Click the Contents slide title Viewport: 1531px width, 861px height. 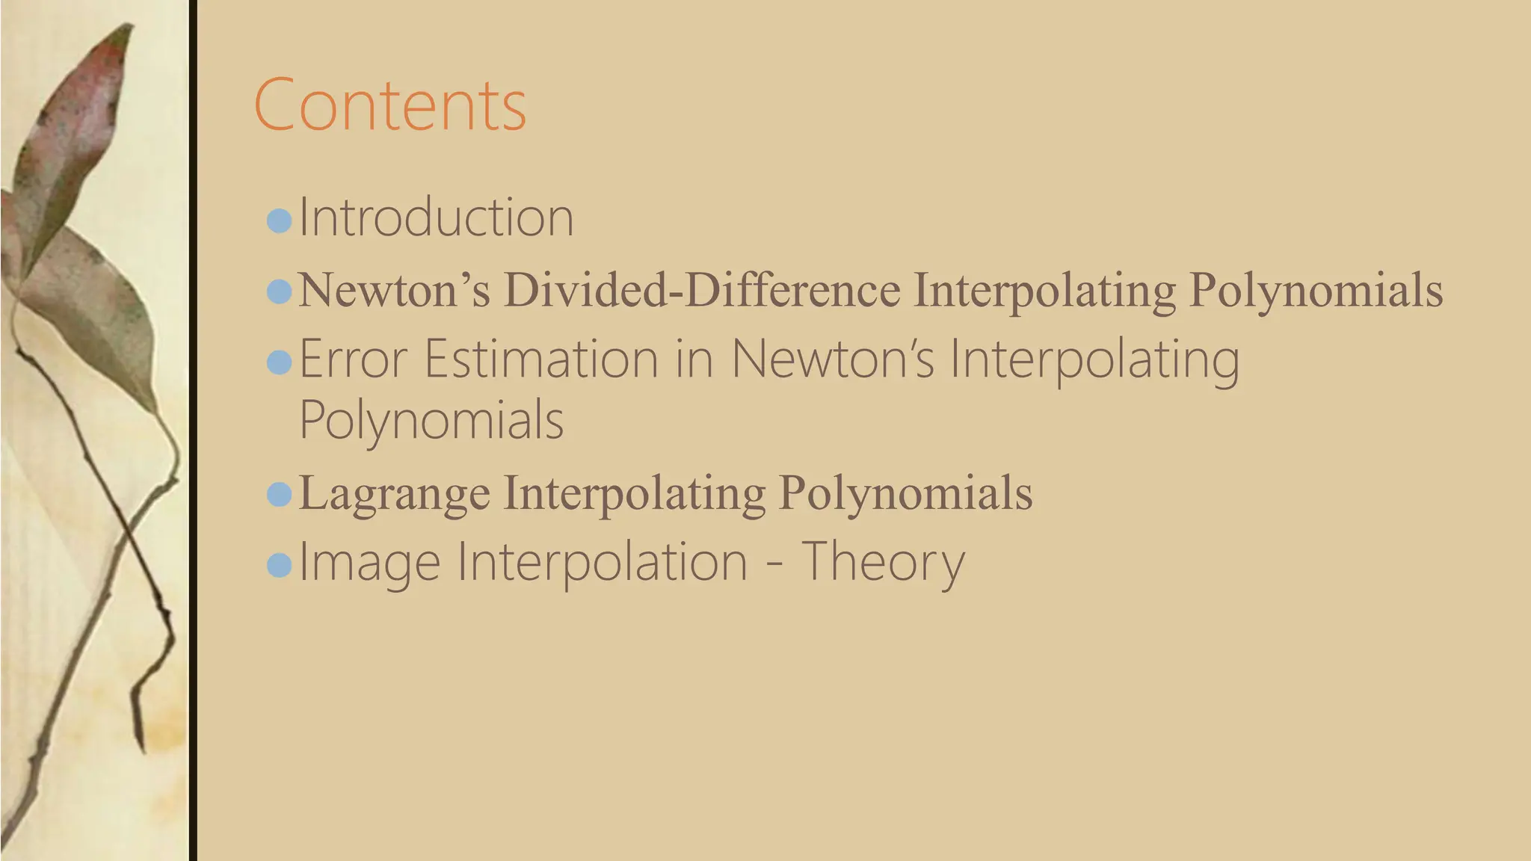[x=390, y=105]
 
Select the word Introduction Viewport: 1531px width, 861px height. [x=436, y=218]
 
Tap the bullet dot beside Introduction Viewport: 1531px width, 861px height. [x=279, y=220]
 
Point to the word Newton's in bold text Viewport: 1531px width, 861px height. [x=394, y=290]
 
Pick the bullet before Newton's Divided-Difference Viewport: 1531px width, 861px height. [x=279, y=291]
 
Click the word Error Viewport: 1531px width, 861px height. [x=354, y=359]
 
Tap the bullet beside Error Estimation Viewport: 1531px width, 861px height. [x=279, y=363]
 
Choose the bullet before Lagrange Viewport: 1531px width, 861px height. [x=279, y=494]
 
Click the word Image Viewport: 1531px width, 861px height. [x=369, y=563]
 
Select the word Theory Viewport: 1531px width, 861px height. [x=883, y=563]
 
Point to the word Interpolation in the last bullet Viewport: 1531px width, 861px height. [x=603, y=563]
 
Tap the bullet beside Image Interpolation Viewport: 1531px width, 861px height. [x=279, y=565]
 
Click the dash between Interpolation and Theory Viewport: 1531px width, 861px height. [x=774, y=565]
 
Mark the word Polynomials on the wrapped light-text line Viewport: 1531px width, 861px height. [x=431, y=421]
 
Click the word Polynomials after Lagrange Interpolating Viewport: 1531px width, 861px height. [x=905, y=493]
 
